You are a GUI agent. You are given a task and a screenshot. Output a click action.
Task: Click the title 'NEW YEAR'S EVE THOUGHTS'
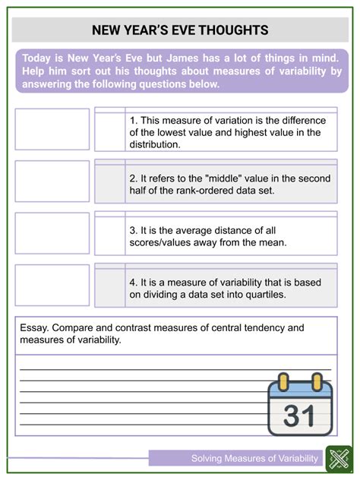point(179,30)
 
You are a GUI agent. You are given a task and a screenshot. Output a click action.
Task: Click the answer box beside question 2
point(52,181)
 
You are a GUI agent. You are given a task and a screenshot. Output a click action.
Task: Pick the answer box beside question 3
point(52,232)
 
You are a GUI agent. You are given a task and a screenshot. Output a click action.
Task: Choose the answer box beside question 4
point(52,284)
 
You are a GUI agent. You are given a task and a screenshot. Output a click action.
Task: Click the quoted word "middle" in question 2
point(217,178)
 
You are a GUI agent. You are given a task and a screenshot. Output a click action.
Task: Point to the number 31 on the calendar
point(302,415)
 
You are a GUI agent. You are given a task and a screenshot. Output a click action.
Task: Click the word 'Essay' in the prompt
point(35,328)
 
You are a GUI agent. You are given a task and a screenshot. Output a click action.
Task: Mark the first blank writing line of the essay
point(144,368)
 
